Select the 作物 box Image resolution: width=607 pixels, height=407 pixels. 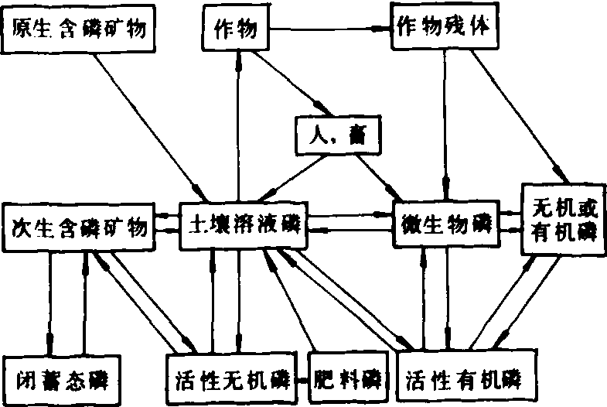point(239,30)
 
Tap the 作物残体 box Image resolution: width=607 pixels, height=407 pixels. point(442,29)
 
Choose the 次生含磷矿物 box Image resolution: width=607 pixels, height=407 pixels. point(80,227)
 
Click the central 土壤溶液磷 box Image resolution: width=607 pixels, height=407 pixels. point(240,225)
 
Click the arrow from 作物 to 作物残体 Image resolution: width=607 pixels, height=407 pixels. point(332,30)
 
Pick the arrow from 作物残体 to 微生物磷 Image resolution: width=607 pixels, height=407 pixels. point(446,124)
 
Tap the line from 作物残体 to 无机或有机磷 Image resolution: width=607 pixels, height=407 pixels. point(526,116)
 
